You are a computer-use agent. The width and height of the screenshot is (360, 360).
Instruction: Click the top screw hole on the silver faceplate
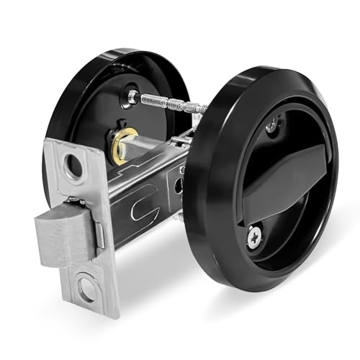click(73, 166)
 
